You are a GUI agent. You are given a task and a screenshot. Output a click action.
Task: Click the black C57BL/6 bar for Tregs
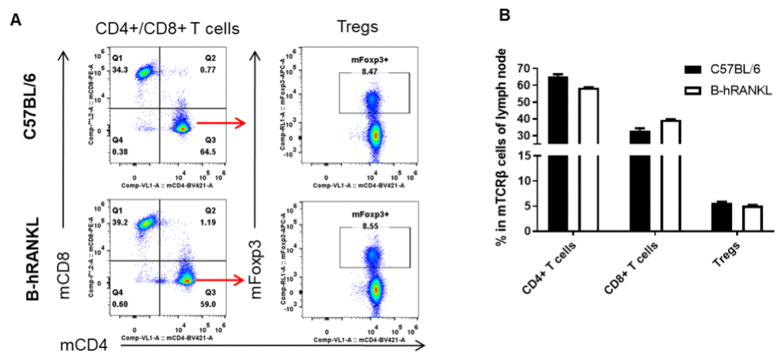tap(722, 216)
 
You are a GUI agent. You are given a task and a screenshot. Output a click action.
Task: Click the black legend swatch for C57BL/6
tap(694, 70)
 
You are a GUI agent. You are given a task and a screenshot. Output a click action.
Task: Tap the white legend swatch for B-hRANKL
tap(694, 91)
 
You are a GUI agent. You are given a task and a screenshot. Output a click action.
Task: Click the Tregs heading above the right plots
tap(357, 27)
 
